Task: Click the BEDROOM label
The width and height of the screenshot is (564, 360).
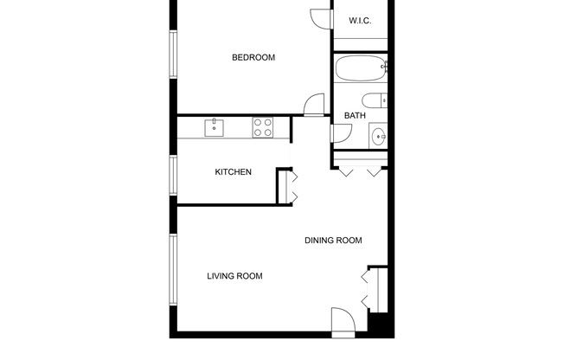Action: pyautogui.click(x=253, y=58)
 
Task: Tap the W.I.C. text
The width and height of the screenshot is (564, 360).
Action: pyautogui.click(x=360, y=21)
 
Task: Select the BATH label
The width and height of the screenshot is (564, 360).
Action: pyautogui.click(x=355, y=115)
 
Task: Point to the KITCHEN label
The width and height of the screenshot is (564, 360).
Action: pyautogui.click(x=233, y=172)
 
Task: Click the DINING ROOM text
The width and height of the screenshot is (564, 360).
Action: pyautogui.click(x=332, y=241)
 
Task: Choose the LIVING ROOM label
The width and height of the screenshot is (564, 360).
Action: pyautogui.click(x=234, y=277)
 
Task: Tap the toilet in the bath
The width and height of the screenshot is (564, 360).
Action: pyautogui.click(x=374, y=100)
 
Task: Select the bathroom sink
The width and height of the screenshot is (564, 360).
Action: pyautogui.click(x=378, y=135)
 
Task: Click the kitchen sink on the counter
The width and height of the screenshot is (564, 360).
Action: pyautogui.click(x=214, y=128)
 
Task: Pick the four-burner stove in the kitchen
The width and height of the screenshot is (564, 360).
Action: pyautogui.click(x=263, y=128)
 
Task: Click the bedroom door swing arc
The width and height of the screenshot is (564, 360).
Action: pyautogui.click(x=314, y=105)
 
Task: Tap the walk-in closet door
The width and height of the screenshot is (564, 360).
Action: pyautogui.click(x=321, y=17)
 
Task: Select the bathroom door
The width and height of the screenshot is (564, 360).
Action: pyautogui.click(x=341, y=134)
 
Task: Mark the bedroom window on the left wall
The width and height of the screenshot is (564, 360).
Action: pyautogui.click(x=173, y=56)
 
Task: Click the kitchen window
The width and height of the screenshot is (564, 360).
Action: pyautogui.click(x=173, y=173)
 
